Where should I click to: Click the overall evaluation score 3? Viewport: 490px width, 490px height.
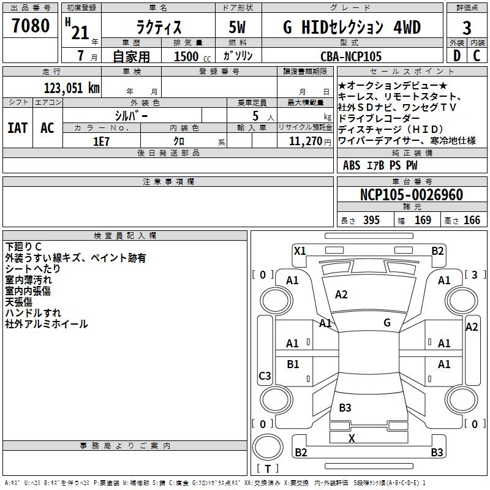click(467, 28)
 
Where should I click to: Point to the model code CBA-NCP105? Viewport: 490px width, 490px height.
click(351, 56)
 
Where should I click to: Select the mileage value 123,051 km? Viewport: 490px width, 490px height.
click(72, 88)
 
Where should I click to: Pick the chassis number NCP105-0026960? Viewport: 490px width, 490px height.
click(412, 195)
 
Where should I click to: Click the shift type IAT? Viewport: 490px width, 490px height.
click(17, 128)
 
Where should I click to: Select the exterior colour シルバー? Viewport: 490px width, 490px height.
click(131, 115)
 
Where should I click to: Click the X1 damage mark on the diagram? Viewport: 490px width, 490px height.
click(300, 251)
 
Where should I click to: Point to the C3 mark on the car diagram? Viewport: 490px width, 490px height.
click(265, 376)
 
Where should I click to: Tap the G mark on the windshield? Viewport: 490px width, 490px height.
click(387, 323)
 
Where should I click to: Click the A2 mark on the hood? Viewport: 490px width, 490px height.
click(341, 295)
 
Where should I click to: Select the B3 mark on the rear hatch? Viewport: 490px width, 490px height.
click(345, 408)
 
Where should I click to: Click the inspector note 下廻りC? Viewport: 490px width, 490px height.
click(23, 246)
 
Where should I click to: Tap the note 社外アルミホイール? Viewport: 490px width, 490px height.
click(47, 324)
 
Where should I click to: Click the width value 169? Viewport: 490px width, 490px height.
click(423, 221)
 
